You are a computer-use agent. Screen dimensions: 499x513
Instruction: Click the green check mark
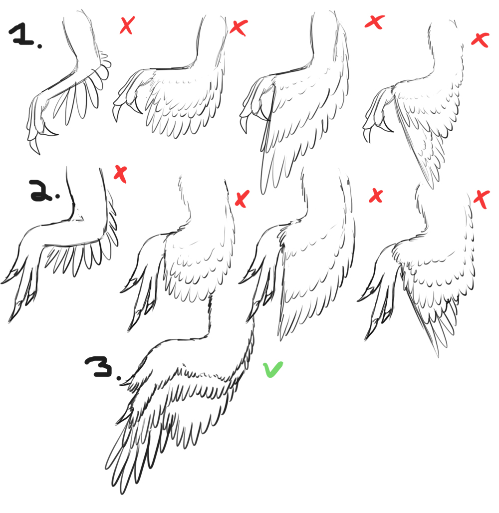[x=273, y=369]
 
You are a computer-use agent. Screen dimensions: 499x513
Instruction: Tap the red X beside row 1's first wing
[x=127, y=25]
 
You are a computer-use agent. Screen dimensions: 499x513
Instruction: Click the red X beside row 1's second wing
[x=239, y=27]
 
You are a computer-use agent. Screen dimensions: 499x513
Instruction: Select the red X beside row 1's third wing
[x=375, y=22]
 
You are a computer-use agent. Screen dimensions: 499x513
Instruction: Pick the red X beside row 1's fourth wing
[x=481, y=40]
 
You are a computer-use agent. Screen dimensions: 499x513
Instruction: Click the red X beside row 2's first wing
[x=120, y=174]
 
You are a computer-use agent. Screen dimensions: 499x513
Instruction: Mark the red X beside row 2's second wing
[x=242, y=199]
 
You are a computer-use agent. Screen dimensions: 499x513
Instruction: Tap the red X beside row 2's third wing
[x=376, y=196]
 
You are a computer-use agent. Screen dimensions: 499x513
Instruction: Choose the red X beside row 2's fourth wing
[x=482, y=199]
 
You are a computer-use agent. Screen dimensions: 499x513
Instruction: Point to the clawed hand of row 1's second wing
[x=129, y=95]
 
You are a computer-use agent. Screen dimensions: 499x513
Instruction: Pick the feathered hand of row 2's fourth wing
[x=380, y=294]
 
